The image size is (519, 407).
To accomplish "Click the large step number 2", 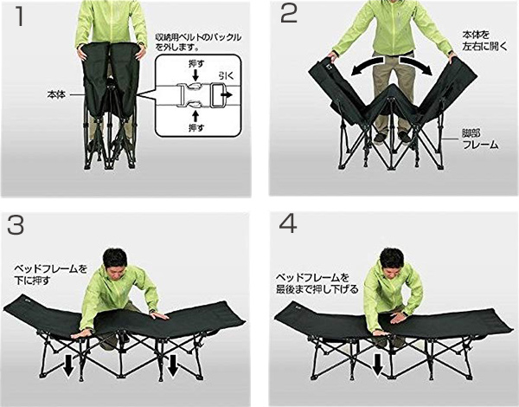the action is (x=289, y=14).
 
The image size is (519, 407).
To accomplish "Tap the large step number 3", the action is (x=16, y=225).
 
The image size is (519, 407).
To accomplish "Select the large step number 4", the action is (x=288, y=223).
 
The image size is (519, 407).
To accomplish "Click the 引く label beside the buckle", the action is (x=226, y=75).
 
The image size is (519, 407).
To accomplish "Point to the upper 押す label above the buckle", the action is (x=195, y=63).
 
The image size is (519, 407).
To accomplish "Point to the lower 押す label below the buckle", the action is (x=195, y=127).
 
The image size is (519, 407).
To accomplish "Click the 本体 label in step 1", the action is (x=56, y=94).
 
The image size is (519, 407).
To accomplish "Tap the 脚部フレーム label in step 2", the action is (x=480, y=139).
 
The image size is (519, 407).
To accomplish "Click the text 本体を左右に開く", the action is (x=484, y=41).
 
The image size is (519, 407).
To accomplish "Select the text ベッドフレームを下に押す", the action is (x=50, y=275).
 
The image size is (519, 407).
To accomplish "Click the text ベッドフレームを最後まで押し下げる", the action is (x=317, y=283).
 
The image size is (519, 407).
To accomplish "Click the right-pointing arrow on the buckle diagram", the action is (x=227, y=94).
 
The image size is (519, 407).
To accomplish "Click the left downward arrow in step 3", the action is (x=68, y=365).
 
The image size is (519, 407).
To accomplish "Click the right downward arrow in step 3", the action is (x=173, y=365).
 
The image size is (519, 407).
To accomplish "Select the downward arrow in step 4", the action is (x=377, y=365).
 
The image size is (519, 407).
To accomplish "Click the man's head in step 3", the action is (x=115, y=261).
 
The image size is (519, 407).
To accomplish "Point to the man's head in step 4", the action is (x=392, y=260).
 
